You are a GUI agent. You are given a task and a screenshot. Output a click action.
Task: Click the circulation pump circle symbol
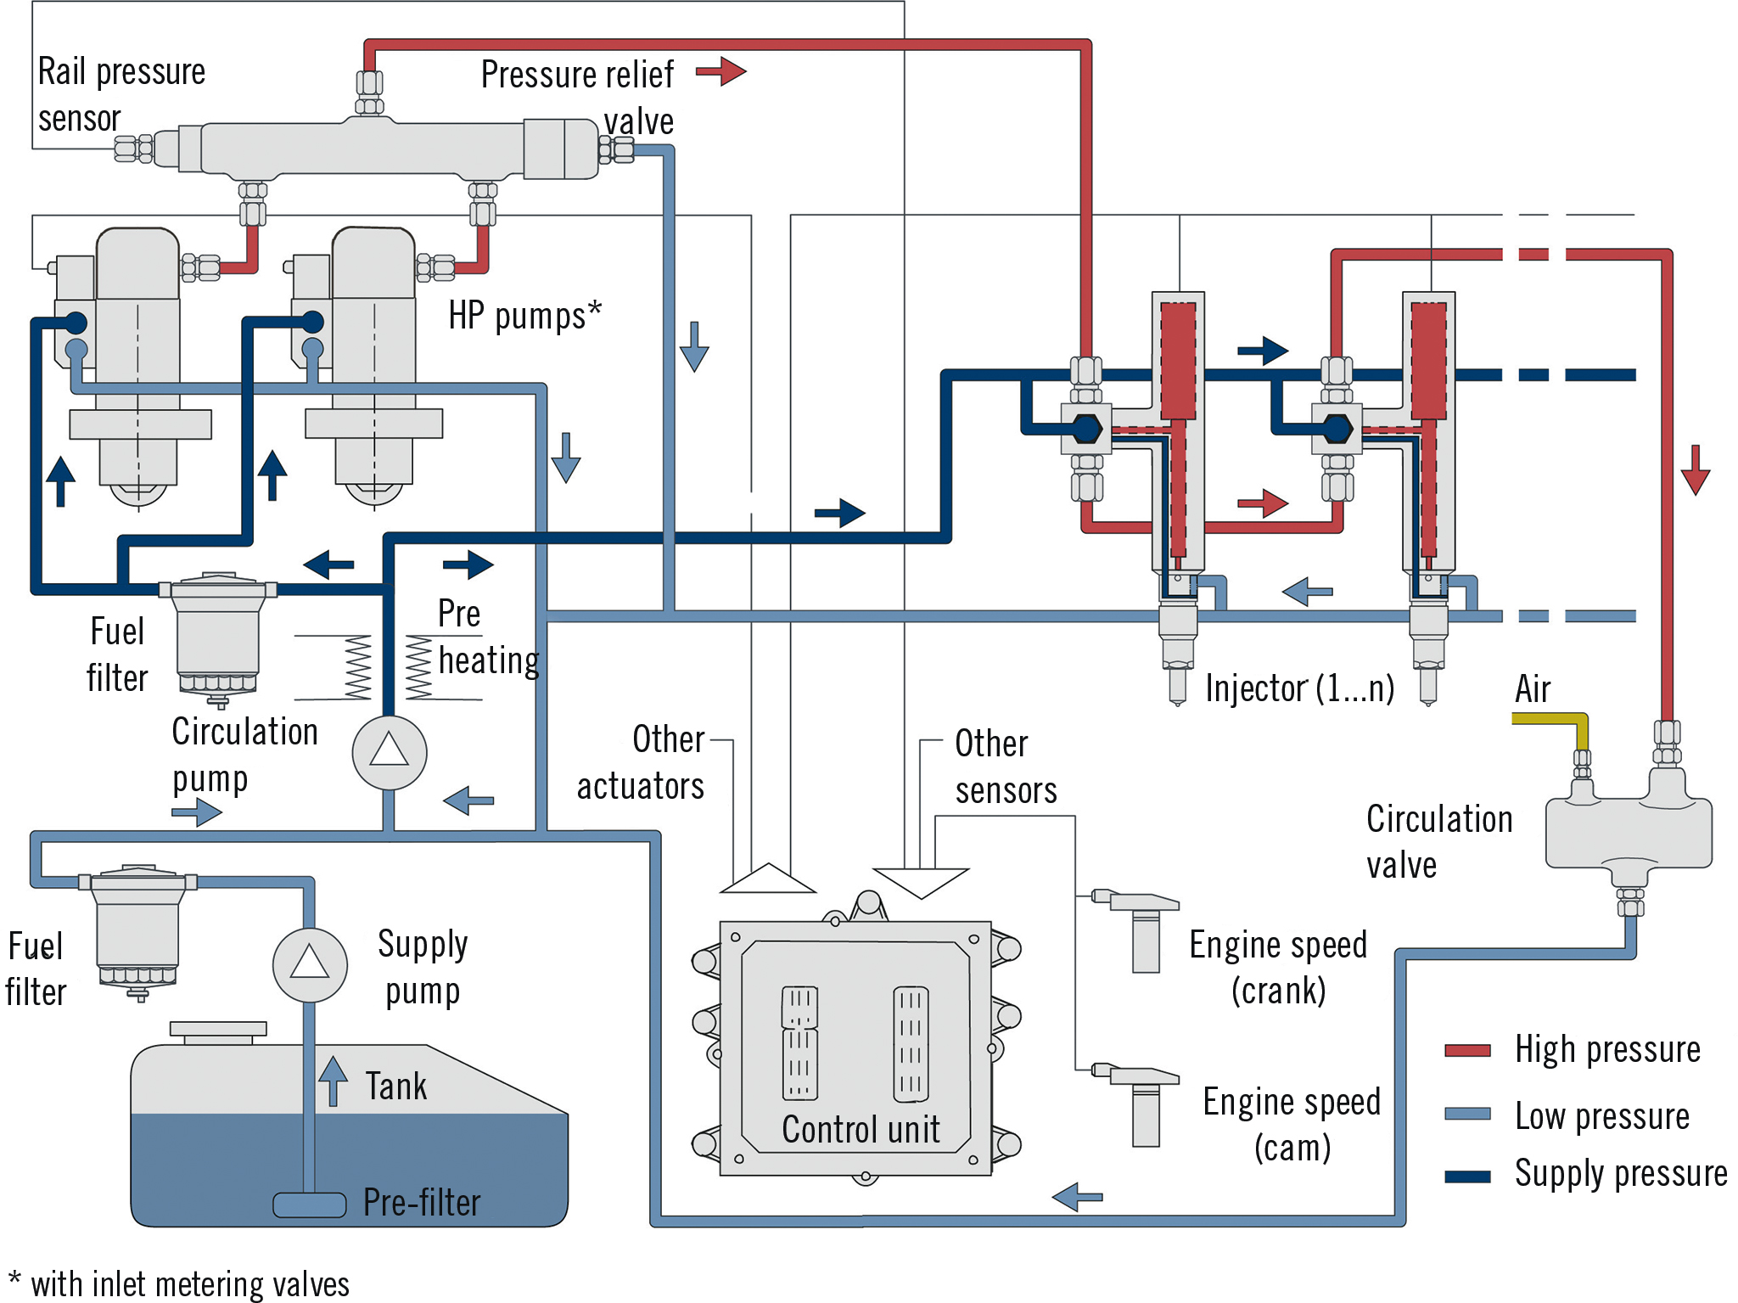click(390, 752)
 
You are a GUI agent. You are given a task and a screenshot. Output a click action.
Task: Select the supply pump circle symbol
click(310, 965)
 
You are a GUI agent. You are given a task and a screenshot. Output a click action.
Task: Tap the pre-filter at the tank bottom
click(309, 1205)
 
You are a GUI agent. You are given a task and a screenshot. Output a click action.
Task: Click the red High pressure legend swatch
click(1467, 1051)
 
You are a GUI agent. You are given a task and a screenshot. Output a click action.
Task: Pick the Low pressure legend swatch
click(1467, 1114)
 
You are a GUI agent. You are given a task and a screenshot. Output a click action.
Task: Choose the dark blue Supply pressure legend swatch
click(1467, 1177)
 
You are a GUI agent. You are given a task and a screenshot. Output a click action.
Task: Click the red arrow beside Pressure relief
click(721, 71)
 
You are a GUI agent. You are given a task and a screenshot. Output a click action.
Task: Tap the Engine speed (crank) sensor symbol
click(1141, 930)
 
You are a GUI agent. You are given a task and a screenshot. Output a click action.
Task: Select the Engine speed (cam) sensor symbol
click(1141, 1104)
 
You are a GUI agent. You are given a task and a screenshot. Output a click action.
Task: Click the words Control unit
click(861, 1130)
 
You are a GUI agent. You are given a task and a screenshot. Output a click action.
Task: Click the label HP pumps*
click(524, 316)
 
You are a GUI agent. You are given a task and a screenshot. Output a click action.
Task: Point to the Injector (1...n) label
click(1299, 688)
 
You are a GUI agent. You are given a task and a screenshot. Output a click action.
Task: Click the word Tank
click(395, 1087)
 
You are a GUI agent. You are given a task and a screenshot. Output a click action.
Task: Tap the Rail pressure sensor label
click(121, 94)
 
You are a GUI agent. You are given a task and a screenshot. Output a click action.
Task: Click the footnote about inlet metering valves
click(180, 1284)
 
